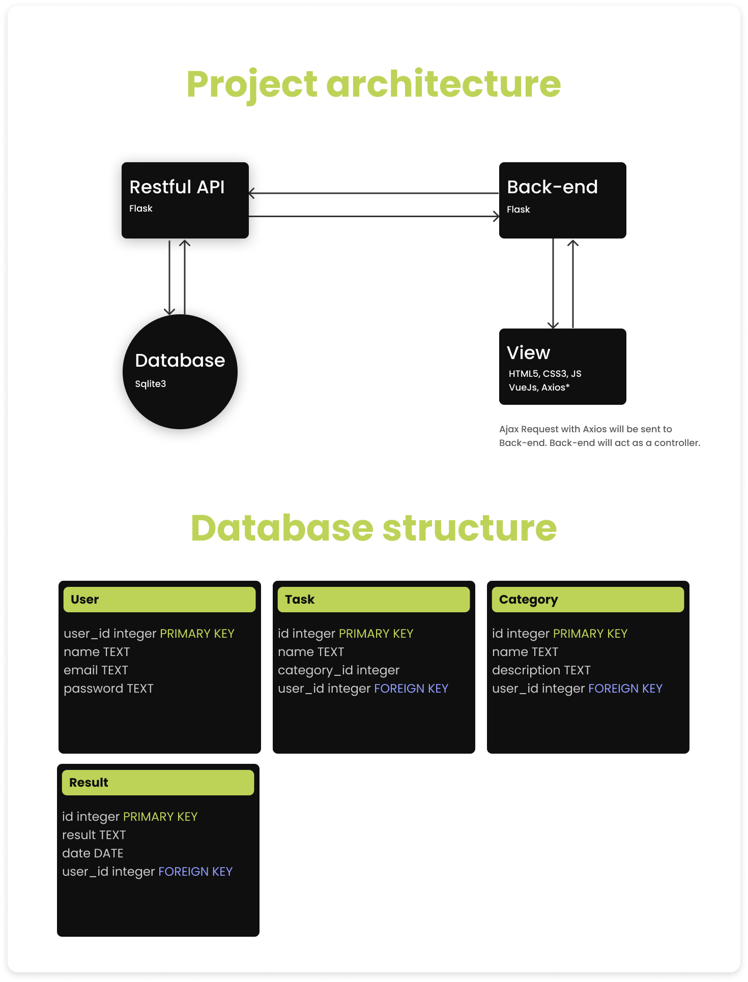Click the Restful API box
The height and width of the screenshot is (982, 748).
[185, 200]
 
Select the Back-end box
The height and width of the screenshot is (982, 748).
[562, 200]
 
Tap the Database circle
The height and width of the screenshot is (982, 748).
[180, 372]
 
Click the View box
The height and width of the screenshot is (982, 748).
[562, 366]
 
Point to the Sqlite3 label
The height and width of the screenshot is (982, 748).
[151, 384]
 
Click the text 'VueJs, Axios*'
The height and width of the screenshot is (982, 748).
[539, 388]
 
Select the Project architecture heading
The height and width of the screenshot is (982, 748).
[373, 84]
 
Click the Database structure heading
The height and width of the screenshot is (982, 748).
[373, 528]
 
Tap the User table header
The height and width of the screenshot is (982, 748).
[159, 600]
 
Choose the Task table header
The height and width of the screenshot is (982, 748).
[373, 600]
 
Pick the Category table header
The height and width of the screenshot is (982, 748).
[588, 600]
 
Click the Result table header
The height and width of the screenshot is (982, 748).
[158, 783]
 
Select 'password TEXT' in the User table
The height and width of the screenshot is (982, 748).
[108, 689]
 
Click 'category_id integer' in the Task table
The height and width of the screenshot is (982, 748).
[338, 670]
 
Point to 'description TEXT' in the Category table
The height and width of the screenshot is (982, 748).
[541, 670]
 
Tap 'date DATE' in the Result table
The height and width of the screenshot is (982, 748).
[93, 853]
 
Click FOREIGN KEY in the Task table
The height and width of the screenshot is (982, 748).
[411, 689]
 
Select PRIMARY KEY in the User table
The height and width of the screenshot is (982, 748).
[197, 634]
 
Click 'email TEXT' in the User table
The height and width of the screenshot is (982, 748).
[96, 670]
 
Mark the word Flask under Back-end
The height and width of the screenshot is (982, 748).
[518, 210]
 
